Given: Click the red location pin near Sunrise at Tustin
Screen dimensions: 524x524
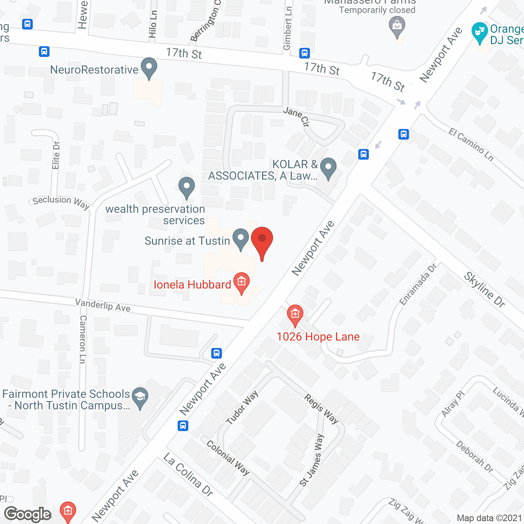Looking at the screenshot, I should click(x=262, y=242).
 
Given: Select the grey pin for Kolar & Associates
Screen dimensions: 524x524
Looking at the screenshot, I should click(x=328, y=168).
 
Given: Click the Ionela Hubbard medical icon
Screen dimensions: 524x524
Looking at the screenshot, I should click(x=242, y=282).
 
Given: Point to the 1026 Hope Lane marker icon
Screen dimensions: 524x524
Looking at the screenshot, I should click(x=295, y=315).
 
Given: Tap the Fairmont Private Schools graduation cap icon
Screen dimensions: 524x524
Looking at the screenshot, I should click(x=140, y=397).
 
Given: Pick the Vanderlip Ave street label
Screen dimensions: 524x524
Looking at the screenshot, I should click(x=103, y=305).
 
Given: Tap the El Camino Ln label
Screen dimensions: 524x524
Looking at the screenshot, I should click(x=471, y=144).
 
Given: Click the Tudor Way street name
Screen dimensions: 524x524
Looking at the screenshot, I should click(x=242, y=407).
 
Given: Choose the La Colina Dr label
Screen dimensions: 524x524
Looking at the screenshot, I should click(x=188, y=475).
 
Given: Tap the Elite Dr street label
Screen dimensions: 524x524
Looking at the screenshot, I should click(x=56, y=155).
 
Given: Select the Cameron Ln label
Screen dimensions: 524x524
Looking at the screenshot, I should click(x=83, y=339).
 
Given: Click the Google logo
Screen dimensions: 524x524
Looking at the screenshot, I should click(x=28, y=514).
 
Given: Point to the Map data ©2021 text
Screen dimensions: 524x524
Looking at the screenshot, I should click(x=489, y=518).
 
